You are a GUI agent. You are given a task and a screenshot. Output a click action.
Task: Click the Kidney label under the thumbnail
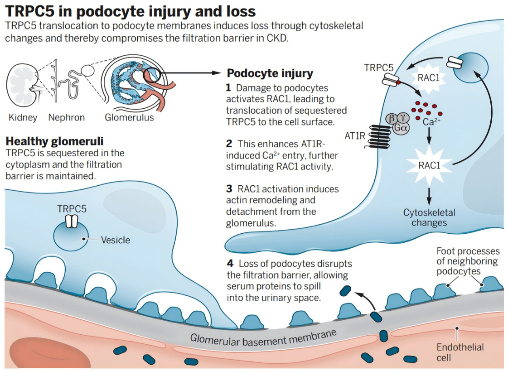pos(23,118)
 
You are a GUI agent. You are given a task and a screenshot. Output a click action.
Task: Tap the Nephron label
pos(66,118)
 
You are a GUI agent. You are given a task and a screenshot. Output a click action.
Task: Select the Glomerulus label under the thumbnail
pos(129,118)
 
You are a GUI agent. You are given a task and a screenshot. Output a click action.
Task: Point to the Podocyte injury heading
pos(270,73)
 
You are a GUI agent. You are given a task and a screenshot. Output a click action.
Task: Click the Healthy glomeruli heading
pos(54,141)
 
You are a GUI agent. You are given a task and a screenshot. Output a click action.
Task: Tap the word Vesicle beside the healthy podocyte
pos(115,240)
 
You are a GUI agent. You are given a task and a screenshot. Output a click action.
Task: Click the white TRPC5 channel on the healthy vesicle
pos(72,222)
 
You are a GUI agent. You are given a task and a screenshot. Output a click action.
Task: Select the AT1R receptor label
pos(355,135)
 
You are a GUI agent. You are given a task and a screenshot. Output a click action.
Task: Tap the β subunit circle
pos(391,119)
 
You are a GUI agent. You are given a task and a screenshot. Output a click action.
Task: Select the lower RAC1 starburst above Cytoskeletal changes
pos(429,165)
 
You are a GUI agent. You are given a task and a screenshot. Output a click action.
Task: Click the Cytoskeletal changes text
pos(429,217)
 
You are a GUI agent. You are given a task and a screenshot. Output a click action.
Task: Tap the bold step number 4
pos(230,264)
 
